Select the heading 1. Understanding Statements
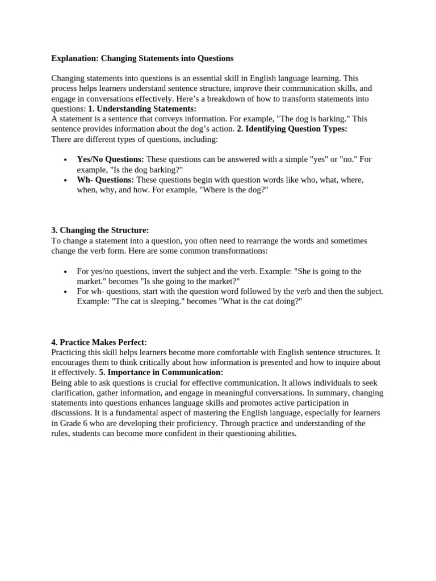point(142,108)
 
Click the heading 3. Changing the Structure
point(100,230)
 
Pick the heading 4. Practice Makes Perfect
point(99,342)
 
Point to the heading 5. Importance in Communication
point(161,373)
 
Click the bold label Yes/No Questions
point(110,159)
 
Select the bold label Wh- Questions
point(106,180)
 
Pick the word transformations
point(235,251)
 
